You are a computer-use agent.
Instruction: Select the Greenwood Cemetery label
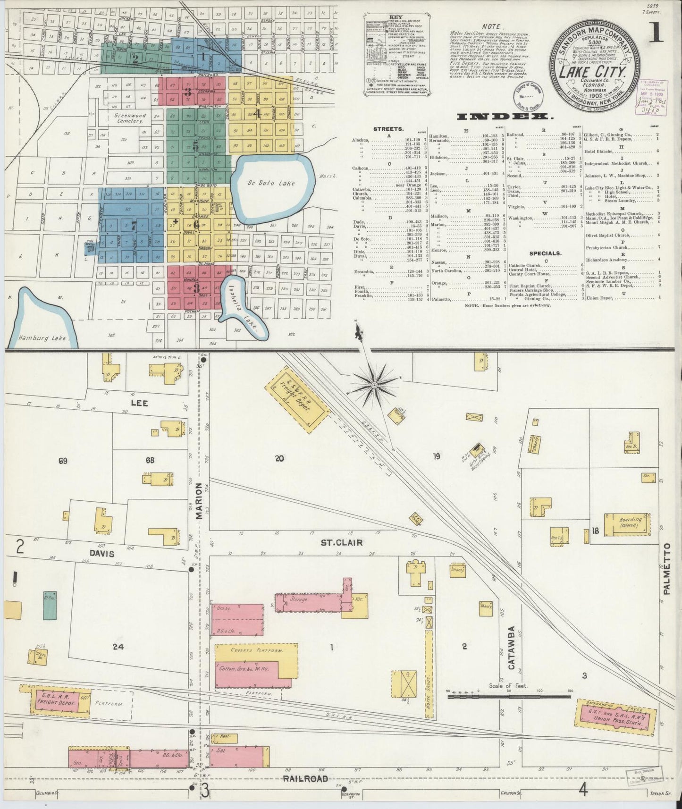[x=129, y=118]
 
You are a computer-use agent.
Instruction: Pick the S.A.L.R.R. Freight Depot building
[x=59, y=701]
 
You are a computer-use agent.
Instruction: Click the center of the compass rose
[x=374, y=386]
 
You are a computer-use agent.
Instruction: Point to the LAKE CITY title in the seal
[x=593, y=73]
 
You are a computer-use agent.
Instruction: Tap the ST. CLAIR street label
[x=342, y=543]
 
